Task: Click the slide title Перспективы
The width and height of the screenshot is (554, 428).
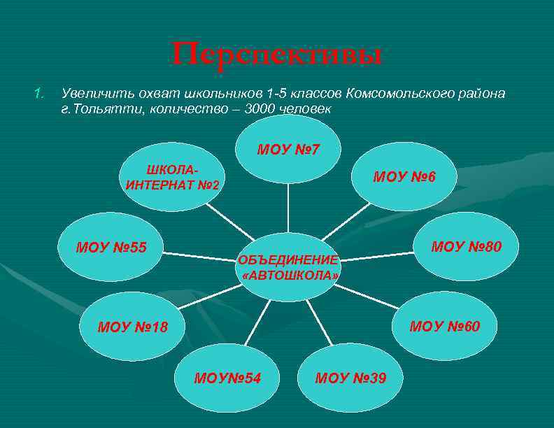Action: coord(277,55)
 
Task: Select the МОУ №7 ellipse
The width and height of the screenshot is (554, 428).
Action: coord(288,148)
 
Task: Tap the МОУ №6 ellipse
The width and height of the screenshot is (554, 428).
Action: coord(404,176)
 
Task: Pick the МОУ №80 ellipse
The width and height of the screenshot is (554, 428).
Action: coord(466,246)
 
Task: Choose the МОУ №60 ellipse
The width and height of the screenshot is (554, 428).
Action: coord(444,326)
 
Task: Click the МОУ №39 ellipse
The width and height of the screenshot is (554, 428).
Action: coord(350,378)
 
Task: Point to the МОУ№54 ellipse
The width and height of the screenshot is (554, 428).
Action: coord(228,378)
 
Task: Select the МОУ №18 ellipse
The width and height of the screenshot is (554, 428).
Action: coord(133,326)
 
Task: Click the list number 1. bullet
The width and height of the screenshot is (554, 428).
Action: coord(40,93)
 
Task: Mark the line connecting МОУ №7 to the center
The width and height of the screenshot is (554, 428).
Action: coord(288,208)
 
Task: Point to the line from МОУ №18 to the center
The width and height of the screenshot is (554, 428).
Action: coord(203,299)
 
